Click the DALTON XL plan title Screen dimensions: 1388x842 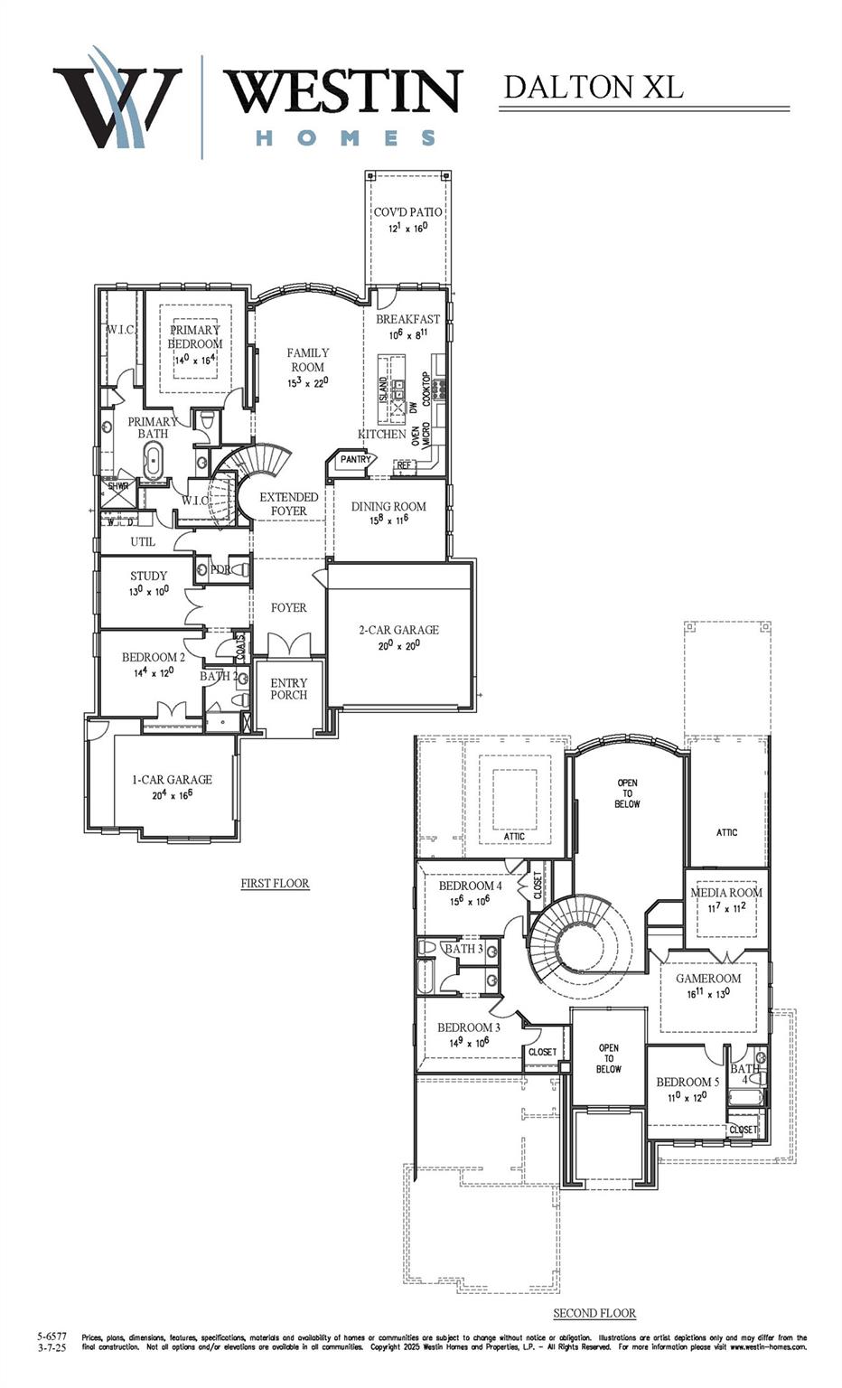[593, 88]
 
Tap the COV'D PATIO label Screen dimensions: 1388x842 [407, 212]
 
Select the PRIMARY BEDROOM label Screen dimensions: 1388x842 [195, 336]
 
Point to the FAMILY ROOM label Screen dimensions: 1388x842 [307, 360]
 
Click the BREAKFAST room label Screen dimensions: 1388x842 [407, 319]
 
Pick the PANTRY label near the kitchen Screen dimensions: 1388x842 [355, 459]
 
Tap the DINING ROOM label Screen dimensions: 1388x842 [388, 506]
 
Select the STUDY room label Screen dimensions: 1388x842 [148, 576]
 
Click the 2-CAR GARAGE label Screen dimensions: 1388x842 [398, 630]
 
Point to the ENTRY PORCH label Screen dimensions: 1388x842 [288, 689]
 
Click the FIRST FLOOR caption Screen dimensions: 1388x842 [275, 883]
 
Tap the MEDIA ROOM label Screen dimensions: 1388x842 [726, 893]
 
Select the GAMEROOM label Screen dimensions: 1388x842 [708, 978]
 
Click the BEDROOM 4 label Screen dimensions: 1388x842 [470, 886]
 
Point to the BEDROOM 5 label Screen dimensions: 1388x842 [688, 1082]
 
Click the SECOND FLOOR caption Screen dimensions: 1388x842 [594, 1313]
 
